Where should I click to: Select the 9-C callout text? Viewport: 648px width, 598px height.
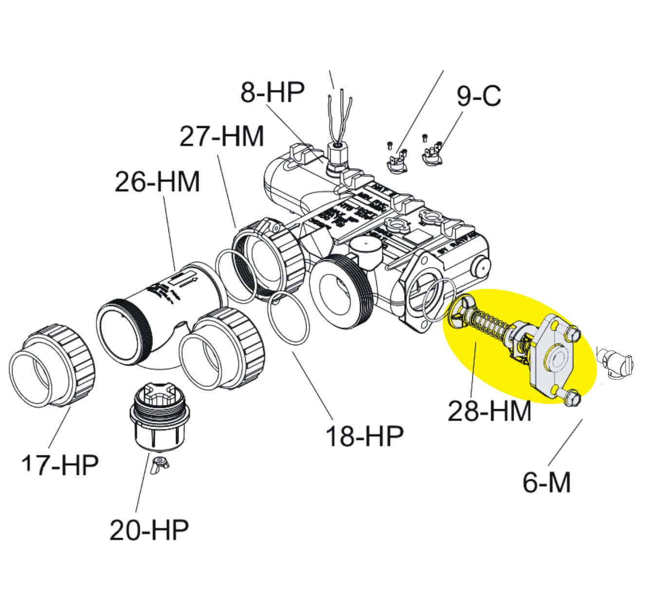(479, 96)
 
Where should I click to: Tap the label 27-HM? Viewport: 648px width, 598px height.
(222, 136)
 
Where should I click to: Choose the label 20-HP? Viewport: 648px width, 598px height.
(149, 529)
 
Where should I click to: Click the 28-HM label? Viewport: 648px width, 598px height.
(489, 411)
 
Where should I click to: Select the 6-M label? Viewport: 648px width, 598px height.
(546, 482)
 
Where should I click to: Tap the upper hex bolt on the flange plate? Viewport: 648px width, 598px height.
(573, 334)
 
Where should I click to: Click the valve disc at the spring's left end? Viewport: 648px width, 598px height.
(458, 311)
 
